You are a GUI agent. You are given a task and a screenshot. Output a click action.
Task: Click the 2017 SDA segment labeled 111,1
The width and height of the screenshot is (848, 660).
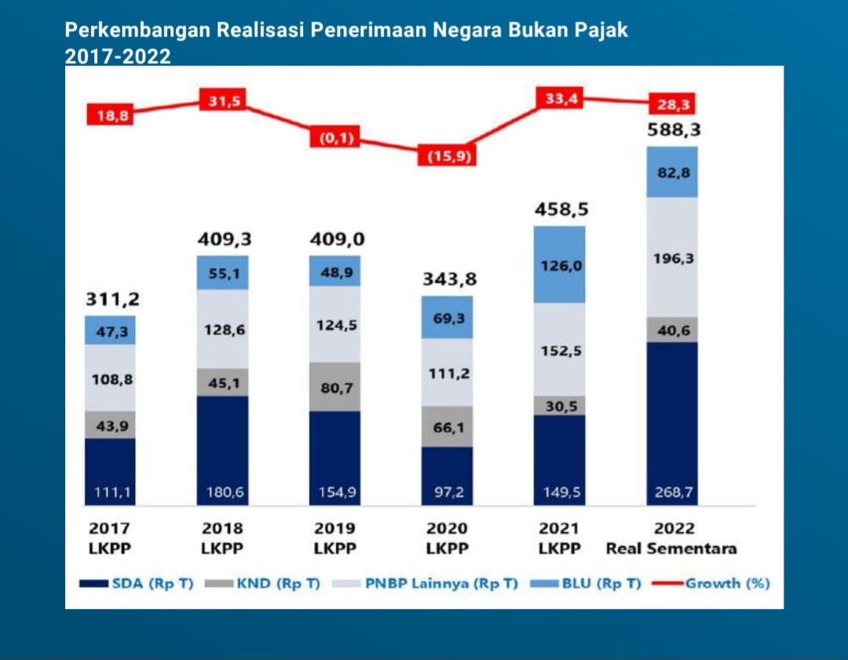(x=110, y=472)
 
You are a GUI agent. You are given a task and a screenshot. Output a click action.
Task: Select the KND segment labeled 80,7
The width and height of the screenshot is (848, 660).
(x=334, y=387)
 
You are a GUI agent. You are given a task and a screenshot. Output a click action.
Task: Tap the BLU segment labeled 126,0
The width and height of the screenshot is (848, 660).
(x=559, y=265)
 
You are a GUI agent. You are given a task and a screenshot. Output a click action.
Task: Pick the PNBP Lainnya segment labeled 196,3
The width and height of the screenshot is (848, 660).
(x=672, y=257)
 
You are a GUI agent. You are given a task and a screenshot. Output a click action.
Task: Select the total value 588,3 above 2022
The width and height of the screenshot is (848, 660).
(x=673, y=129)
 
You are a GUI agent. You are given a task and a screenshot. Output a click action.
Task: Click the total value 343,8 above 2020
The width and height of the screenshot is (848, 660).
(x=448, y=279)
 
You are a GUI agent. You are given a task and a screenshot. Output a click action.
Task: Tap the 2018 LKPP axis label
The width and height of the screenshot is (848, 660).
(x=223, y=538)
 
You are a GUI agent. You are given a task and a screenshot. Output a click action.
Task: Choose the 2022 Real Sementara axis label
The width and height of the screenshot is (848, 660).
(x=671, y=538)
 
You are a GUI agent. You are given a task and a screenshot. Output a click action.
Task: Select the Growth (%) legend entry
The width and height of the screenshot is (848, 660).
(x=715, y=584)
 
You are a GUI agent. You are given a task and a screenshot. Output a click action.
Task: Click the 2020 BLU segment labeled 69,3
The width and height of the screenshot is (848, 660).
(x=448, y=317)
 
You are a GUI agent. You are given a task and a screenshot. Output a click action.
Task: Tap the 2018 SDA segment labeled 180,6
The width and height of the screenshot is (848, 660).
(x=223, y=451)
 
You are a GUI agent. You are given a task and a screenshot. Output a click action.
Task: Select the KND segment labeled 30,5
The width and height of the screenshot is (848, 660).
(x=559, y=406)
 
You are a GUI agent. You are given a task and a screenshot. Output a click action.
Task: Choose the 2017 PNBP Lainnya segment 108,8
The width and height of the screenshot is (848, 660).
(x=110, y=378)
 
